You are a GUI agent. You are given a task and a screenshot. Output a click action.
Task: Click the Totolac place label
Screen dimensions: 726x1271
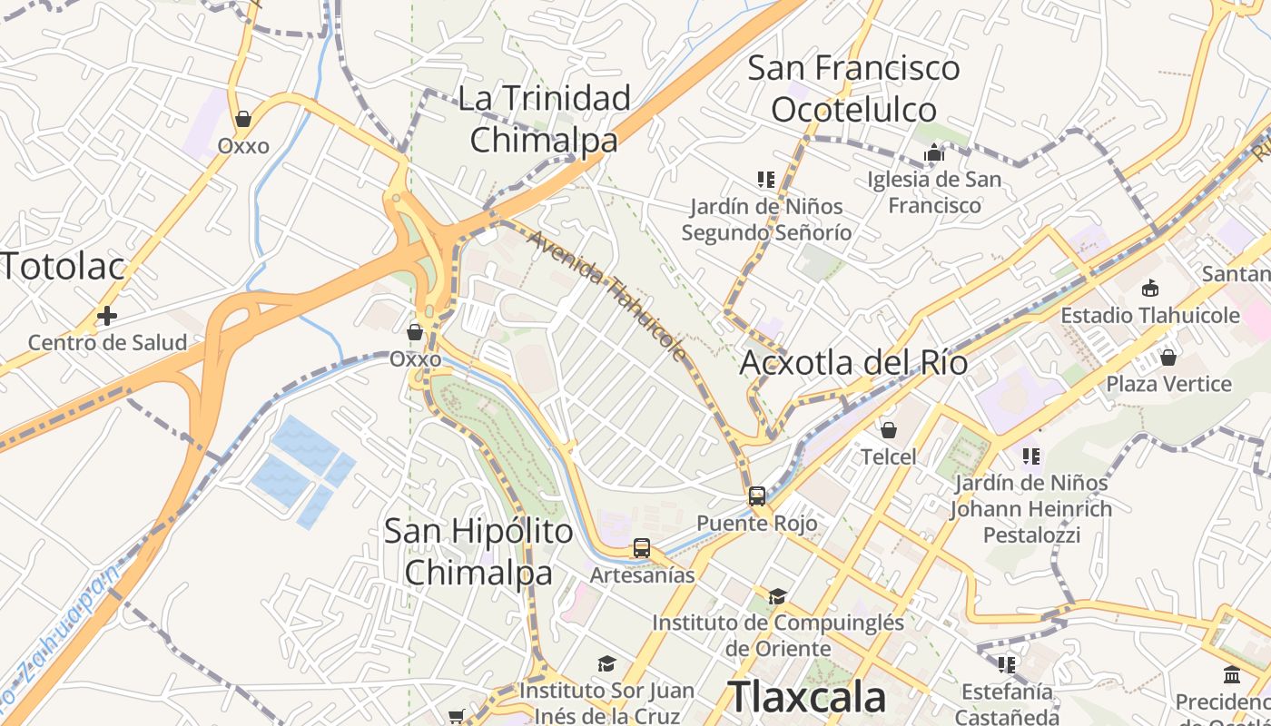(x=62, y=267)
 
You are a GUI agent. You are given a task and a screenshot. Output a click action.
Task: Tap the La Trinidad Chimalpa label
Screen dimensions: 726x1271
(x=544, y=119)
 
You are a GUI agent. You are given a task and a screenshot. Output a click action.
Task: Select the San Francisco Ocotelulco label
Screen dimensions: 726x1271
(x=853, y=88)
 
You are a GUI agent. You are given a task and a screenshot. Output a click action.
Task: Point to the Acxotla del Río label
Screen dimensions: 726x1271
(x=852, y=363)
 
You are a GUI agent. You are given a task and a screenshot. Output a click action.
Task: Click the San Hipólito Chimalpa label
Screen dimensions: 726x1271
(x=478, y=551)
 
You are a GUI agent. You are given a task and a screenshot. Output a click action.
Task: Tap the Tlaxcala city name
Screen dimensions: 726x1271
(x=807, y=697)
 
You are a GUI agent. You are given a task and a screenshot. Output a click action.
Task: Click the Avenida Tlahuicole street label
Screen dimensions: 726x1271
(x=606, y=296)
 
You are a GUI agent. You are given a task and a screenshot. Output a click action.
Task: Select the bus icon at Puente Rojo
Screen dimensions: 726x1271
(x=756, y=496)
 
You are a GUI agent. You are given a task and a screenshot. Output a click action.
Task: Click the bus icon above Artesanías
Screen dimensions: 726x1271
(x=642, y=548)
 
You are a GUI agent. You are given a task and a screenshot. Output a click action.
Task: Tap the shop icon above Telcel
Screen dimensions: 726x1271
(x=888, y=429)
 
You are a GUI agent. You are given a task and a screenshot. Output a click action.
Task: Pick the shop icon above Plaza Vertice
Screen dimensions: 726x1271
(x=1168, y=357)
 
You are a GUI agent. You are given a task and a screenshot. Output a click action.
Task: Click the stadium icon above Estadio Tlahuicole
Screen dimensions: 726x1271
(x=1150, y=289)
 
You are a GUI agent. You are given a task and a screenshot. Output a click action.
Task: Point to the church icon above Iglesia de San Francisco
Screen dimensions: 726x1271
(x=934, y=152)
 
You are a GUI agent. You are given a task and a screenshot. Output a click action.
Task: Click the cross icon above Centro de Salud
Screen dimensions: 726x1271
(x=107, y=316)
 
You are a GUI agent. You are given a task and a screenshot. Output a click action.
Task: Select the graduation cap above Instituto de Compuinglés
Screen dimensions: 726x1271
(x=777, y=596)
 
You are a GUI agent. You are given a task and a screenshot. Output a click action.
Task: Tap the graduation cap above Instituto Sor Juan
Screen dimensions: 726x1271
(x=606, y=664)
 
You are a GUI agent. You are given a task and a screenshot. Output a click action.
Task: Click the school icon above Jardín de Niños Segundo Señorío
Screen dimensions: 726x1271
(x=765, y=180)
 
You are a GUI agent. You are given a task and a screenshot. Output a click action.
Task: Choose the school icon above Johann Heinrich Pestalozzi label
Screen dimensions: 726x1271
(x=1030, y=456)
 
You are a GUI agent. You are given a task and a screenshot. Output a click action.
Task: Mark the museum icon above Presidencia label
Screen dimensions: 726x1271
(x=1232, y=675)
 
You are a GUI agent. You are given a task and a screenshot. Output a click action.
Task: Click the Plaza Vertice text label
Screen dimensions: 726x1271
(x=1168, y=384)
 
